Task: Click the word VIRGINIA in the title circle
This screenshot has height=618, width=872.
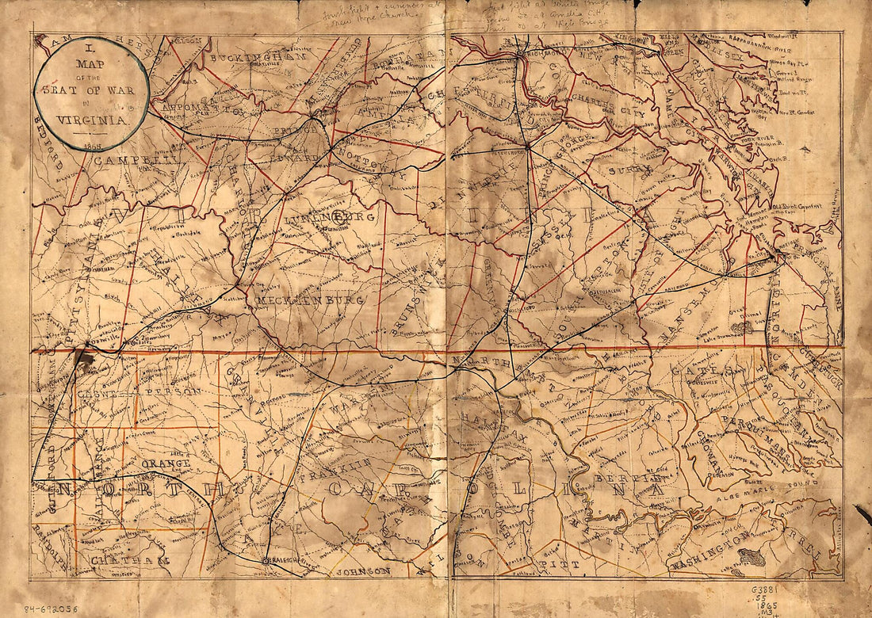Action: coord(92,120)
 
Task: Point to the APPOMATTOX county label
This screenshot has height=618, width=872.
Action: coord(202,107)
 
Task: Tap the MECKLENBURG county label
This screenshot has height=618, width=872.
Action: coord(309,300)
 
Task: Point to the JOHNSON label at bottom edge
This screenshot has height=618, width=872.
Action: coord(364,570)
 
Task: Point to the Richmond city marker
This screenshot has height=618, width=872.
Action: coord(519,55)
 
